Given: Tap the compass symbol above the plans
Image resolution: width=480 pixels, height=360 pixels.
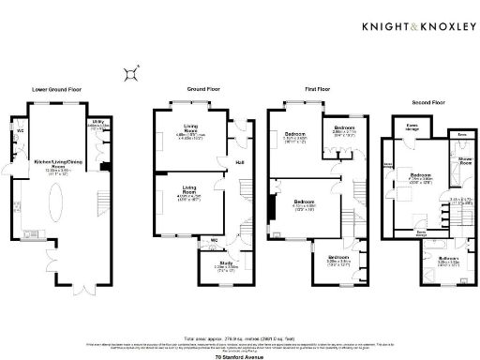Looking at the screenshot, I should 135,69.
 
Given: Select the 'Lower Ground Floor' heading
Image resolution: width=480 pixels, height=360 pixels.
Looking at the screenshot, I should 56,89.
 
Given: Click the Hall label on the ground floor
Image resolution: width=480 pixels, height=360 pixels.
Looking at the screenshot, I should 239,161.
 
